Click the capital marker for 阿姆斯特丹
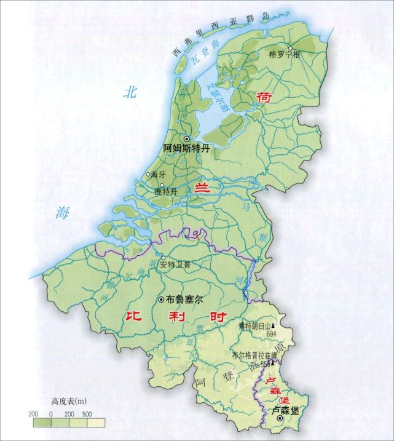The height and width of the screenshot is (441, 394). pyautogui.click(x=187, y=139)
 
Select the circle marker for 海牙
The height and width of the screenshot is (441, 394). pyautogui.click(x=148, y=174)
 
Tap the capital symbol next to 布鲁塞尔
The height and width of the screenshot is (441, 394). pyautogui.click(x=162, y=300)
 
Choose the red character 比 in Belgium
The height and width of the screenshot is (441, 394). pyautogui.click(x=134, y=318)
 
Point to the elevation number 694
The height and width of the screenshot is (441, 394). pyautogui.click(x=272, y=333)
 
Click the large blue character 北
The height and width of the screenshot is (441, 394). pyautogui.click(x=130, y=93)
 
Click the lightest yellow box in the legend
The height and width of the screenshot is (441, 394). pyautogui.click(x=97, y=423)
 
